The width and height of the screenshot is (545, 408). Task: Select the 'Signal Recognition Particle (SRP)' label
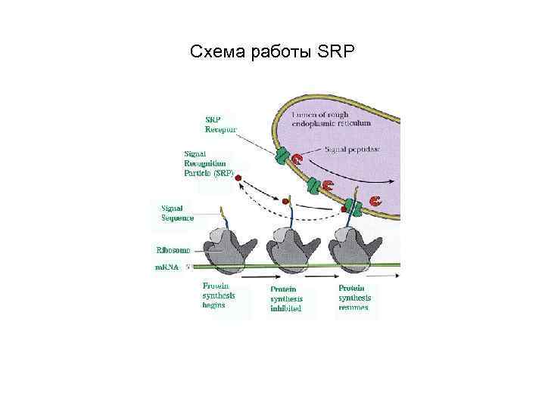pos(209,162)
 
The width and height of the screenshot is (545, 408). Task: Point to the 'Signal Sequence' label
pos(177,212)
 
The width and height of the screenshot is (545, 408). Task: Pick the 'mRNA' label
pos(168,267)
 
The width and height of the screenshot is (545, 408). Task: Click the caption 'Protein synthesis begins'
pos(220,295)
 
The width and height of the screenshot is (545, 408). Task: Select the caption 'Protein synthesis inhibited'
pos(286,298)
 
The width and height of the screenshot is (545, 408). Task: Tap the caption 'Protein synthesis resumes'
pos(354,298)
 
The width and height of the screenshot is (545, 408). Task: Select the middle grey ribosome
pos(291,249)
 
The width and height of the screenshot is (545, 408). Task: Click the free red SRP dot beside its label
pos(238,179)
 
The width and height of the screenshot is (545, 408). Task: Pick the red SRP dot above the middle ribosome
pos(285,202)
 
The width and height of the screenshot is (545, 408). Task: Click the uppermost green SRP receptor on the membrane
pos(282,157)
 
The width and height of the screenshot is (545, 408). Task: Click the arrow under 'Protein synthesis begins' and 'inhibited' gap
pos(257,279)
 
